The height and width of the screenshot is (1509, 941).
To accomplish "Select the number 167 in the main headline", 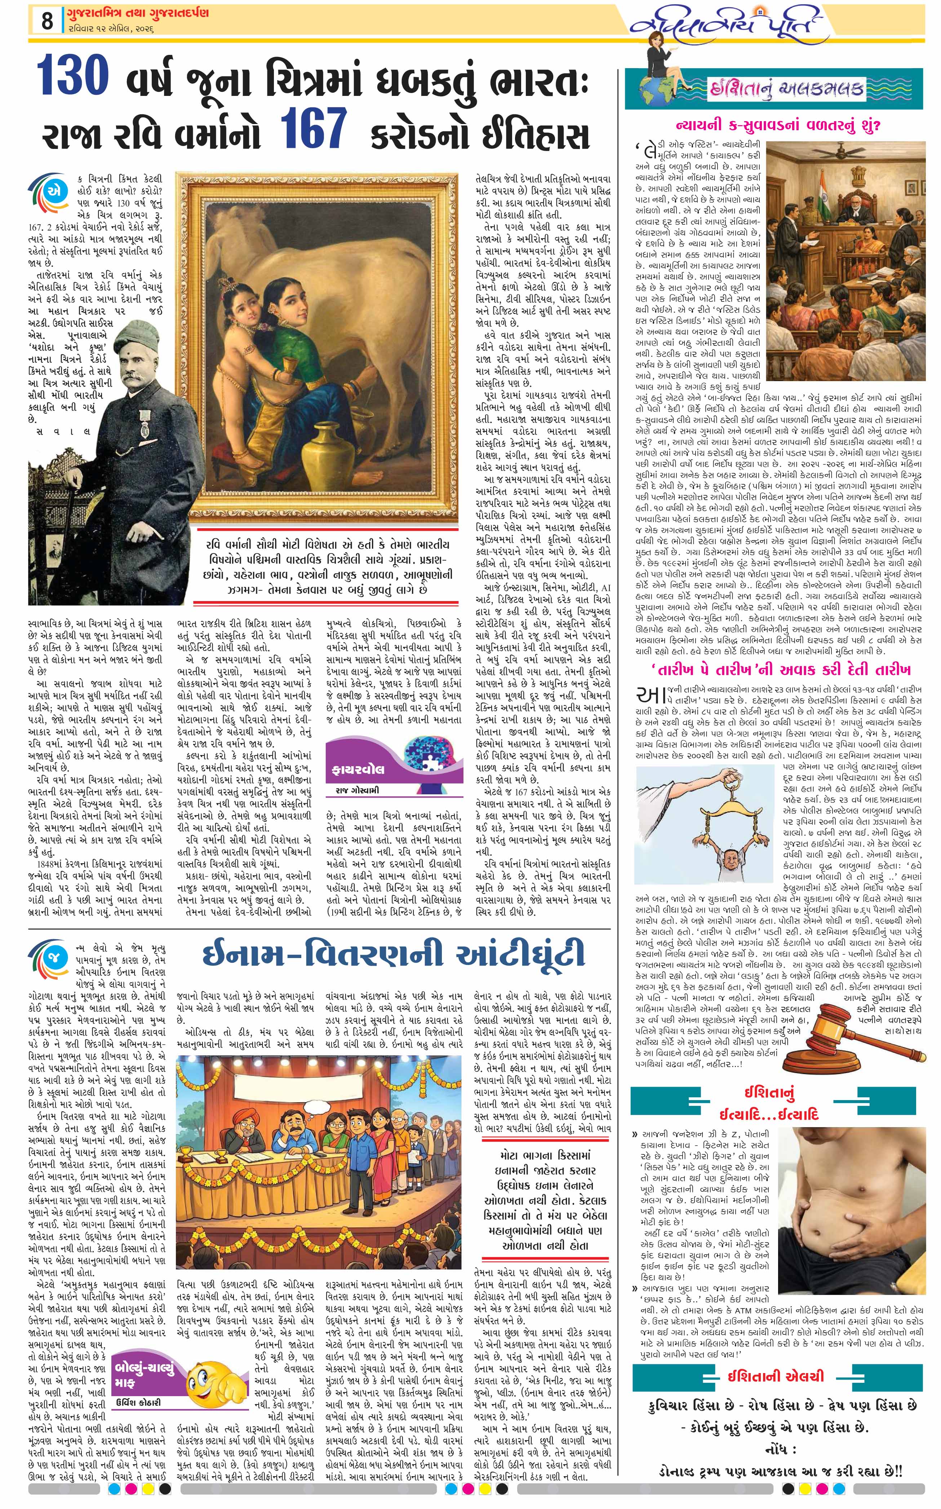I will coord(313,128).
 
